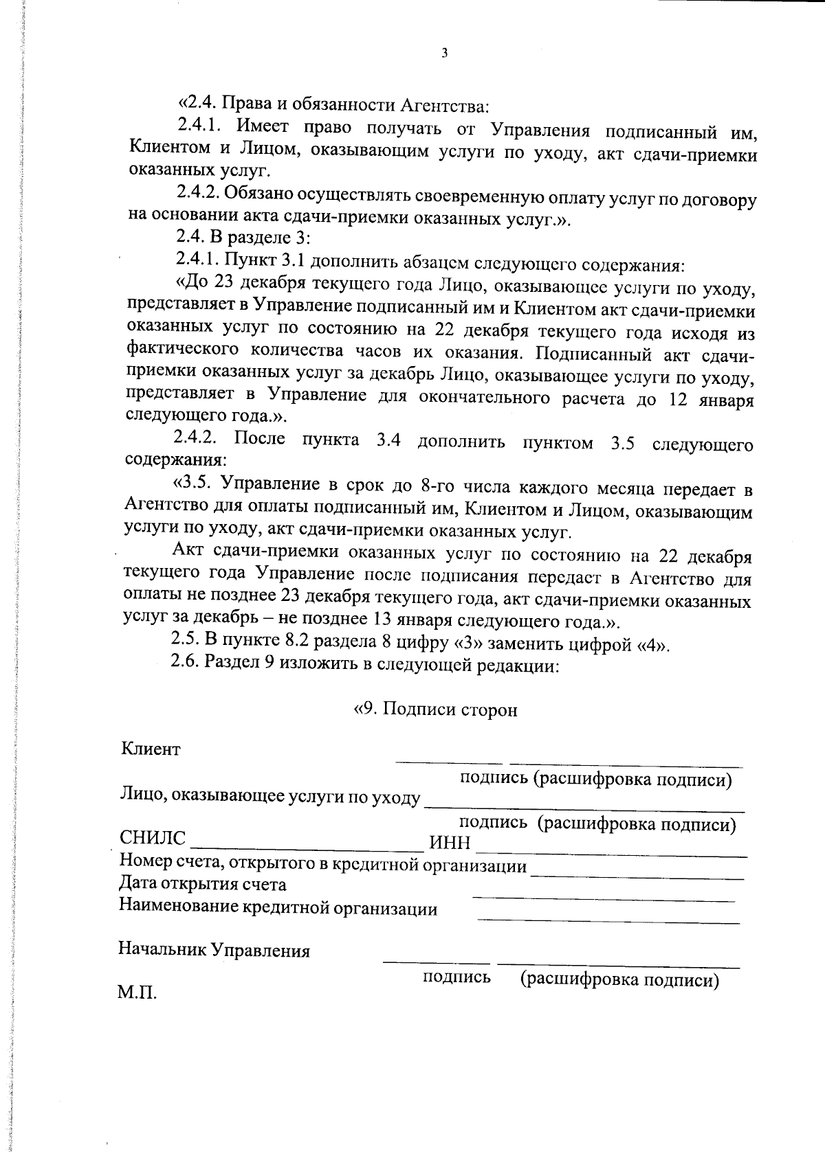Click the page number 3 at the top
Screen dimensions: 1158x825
pyautogui.click(x=444, y=54)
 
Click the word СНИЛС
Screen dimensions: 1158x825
pyautogui.click(x=153, y=839)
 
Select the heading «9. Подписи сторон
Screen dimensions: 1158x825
pyautogui.click(x=434, y=709)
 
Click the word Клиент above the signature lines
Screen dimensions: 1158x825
pyautogui.click(x=151, y=749)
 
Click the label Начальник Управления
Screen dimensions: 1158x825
pyautogui.click(x=214, y=951)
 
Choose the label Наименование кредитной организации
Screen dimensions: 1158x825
pyautogui.click(x=278, y=909)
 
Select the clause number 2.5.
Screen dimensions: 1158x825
pyautogui.click(x=184, y=640)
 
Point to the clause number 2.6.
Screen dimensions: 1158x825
pyautogui.click(x=184, y=663)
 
